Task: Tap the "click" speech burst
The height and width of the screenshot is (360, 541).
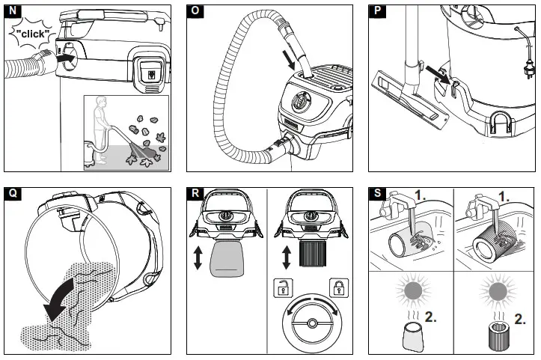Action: coord(33,34)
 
